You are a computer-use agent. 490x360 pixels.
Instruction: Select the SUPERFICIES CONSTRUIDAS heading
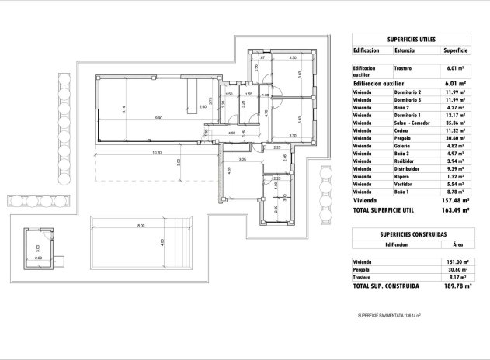click(412, 234)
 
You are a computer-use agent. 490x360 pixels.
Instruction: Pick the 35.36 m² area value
click(454, 123)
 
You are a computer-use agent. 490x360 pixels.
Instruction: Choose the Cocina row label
click(402, 130)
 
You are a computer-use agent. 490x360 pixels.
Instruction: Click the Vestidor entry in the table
click(405, 183)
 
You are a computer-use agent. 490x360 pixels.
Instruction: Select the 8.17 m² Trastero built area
click(455, 277)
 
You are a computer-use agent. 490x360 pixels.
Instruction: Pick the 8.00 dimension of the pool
click(141, 226)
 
